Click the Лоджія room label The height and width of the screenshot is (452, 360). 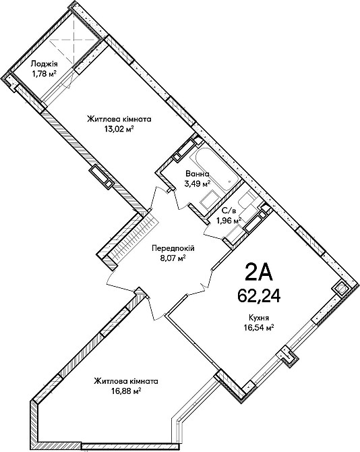44,63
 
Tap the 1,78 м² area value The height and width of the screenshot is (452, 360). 44,74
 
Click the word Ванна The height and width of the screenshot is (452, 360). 198,174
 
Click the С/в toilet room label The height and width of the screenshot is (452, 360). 228,210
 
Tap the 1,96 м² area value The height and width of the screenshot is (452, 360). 229,221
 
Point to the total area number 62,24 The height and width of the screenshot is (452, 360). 259,295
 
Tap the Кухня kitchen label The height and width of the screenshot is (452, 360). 259,318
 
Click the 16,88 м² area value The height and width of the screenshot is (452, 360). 126,391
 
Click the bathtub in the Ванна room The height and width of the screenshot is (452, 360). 216,169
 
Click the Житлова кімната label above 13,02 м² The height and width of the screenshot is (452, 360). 119,119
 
